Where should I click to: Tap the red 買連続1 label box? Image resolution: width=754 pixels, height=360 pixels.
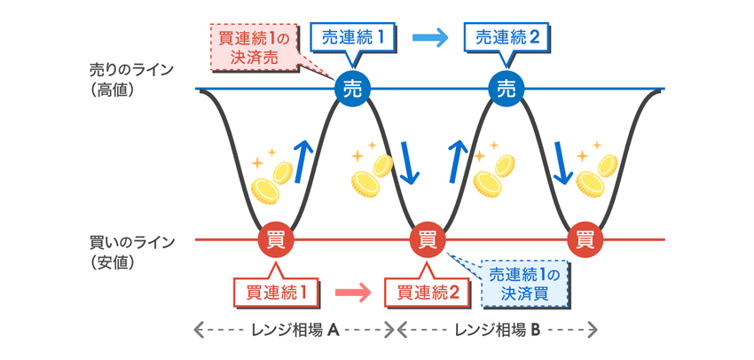click(x=274, y=290)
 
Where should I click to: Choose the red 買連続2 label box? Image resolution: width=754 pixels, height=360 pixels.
click(x=428, y=290)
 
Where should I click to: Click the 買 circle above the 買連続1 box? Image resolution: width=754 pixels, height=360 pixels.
click(x=274, y=239)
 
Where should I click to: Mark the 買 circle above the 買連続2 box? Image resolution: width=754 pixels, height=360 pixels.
click(x=428, y=239)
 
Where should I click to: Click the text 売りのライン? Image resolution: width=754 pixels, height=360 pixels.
click(x=132, y=69)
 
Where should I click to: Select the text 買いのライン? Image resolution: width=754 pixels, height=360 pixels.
click(x=132, y=241)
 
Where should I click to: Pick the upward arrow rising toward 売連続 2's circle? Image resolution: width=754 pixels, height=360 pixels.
click(x=458, y=160)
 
